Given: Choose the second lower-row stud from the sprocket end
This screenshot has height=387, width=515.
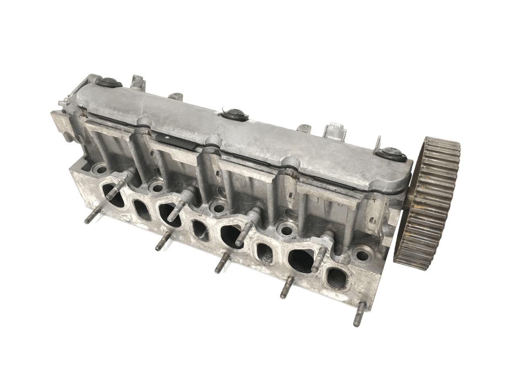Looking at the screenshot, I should click(286, 289).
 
